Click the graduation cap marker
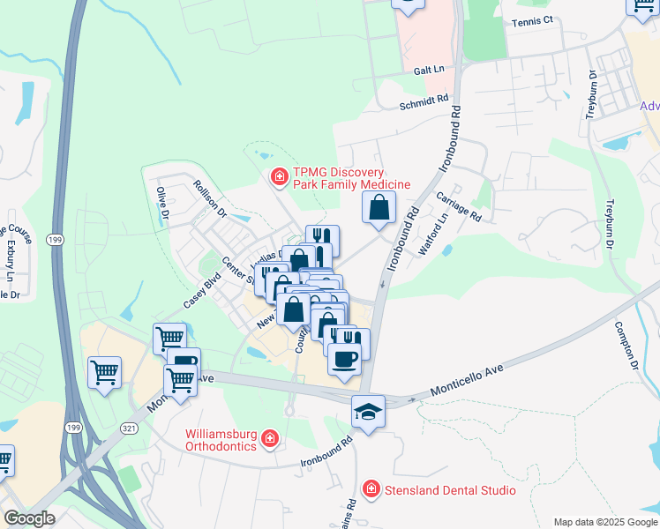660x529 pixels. tap(368, 411)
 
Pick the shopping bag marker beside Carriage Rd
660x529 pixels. tap(379, 208)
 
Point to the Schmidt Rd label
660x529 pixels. tap(424, 103)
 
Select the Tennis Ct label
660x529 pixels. tap(532, 20)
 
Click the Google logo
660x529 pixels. tap(28, 518)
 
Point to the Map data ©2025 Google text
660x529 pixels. tap(604, 522)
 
